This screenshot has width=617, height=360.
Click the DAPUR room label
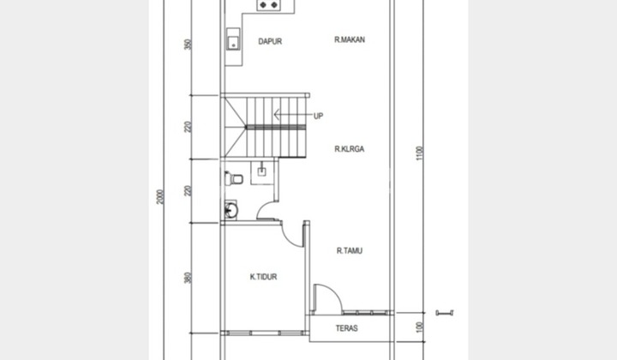pos(270,41)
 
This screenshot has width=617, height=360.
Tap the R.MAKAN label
pos(350,39)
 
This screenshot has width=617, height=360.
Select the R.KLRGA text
pos(350,148)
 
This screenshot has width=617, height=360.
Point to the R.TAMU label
pos(350,250)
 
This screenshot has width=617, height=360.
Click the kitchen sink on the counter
pos(231,39)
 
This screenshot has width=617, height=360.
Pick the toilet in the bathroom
pos(233,178)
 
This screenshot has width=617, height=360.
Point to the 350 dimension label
pos(188,45)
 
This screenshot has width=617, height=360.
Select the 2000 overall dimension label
pos(160,197)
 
